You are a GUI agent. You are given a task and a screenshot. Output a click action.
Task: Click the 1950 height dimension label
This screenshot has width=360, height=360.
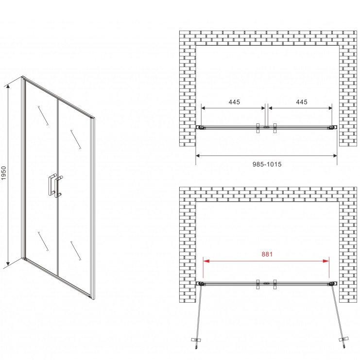click(4, 173)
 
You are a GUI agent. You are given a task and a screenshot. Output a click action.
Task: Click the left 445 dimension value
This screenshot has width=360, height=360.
click(234, 102)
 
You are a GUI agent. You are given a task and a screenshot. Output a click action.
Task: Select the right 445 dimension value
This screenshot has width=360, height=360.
click(302, 102)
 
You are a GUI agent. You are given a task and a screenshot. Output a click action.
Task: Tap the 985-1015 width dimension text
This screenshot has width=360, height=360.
click(267, 164)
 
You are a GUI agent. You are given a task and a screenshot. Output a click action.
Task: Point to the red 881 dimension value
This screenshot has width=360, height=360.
click(267, 254)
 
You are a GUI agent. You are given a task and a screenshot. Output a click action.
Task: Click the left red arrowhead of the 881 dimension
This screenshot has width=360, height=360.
click(206, 261)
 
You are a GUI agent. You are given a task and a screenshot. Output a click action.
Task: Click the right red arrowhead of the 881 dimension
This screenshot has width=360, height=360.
click(326, 261)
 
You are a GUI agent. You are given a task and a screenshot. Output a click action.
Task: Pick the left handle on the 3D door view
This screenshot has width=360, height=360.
click(51, 185)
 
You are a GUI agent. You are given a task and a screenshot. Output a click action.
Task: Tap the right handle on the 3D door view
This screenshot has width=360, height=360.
click(59, 187)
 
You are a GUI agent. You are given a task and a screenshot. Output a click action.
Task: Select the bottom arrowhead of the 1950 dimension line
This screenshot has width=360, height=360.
click(8, 262)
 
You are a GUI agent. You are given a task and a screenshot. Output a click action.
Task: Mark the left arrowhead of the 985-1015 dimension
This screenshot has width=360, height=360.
click(199, 155)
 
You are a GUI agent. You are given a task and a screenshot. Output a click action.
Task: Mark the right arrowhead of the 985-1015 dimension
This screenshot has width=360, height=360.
click(334, 155)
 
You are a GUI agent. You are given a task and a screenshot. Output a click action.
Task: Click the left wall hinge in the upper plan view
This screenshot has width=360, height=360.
click(201, 127)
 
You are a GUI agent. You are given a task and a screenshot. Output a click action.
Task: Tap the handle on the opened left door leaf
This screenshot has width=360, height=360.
click(195, 339)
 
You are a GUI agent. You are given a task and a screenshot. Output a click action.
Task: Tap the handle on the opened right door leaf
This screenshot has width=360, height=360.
click(343, 339)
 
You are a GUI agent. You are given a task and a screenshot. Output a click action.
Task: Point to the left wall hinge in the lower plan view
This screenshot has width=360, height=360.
click(201, 284)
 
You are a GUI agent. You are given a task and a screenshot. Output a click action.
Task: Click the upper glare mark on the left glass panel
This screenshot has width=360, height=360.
click(43, 116)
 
